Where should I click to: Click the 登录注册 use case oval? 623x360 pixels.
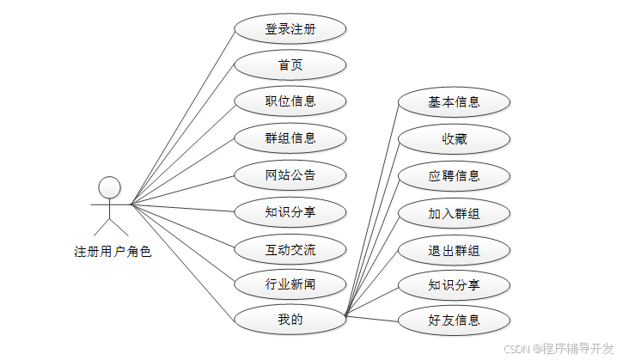290,28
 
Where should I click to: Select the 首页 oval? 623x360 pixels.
290,64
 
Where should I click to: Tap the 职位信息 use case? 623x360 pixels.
290,101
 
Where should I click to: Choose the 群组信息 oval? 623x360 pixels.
290,137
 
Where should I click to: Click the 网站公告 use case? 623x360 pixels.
290,175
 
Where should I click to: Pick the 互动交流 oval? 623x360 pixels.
290,250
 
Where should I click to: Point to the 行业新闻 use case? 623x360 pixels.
290,284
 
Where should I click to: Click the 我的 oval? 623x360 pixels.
290,320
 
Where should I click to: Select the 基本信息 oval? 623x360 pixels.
455,102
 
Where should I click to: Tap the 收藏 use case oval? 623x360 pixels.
455,138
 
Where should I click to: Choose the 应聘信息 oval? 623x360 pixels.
455,175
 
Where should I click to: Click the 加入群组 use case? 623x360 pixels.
455,212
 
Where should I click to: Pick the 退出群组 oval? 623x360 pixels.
455,250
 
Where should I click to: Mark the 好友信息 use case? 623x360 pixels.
455,320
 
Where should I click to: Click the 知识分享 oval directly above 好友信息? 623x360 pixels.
455,284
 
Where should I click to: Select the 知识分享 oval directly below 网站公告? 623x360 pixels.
290,211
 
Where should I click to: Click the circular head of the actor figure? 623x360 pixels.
109,186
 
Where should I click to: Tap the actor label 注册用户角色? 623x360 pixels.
113,252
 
